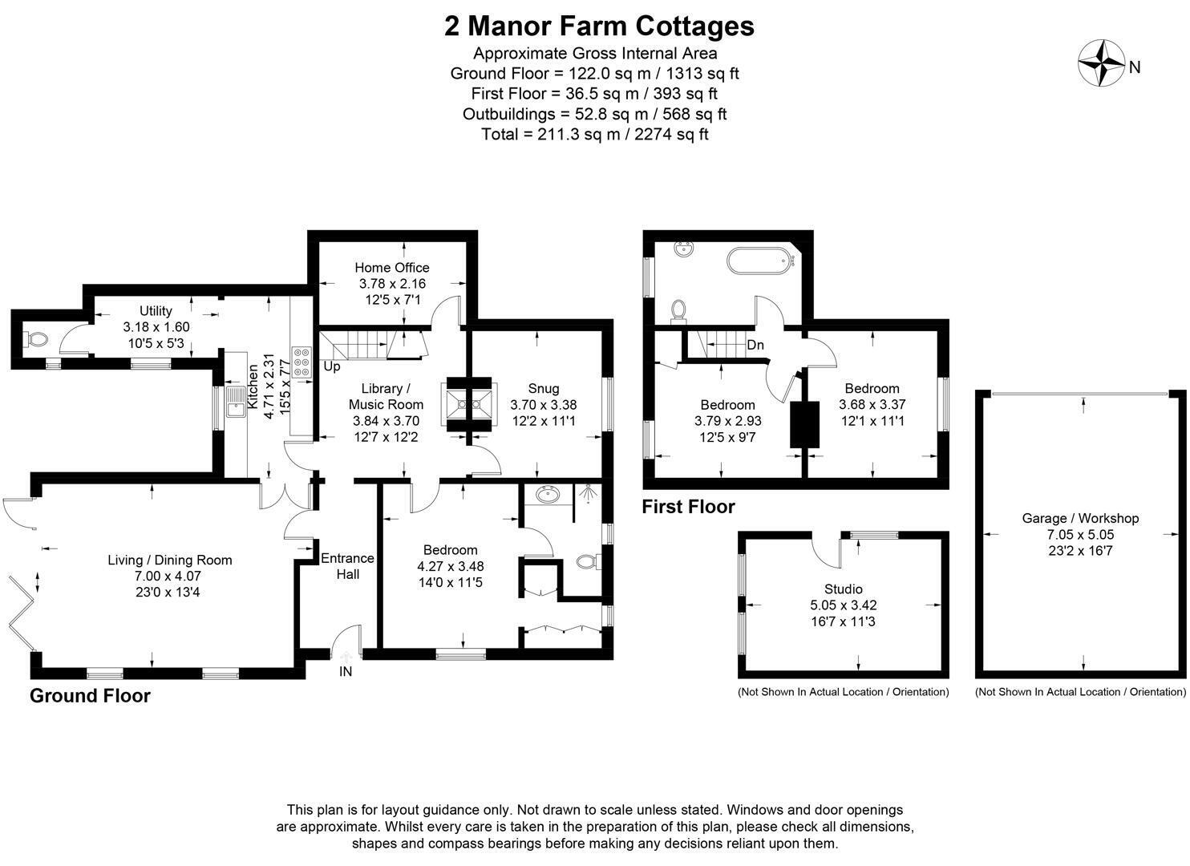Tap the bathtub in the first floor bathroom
[760, 261]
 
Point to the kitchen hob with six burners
[302, 362]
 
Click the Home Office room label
[392, 268]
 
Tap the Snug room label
[544, 389]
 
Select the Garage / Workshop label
[1081, 519]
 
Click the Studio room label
[843, 589]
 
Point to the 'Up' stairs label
[332, 366]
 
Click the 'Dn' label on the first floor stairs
[755, 345]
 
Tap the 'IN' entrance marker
[346, 671]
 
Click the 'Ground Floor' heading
[91, 695]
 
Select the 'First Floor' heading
[689, 507]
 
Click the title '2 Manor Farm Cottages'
[599, 26]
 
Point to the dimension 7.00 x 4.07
[168, 576]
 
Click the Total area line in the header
[595, 135]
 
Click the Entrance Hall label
[347, 566]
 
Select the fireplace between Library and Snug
[469, 405]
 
